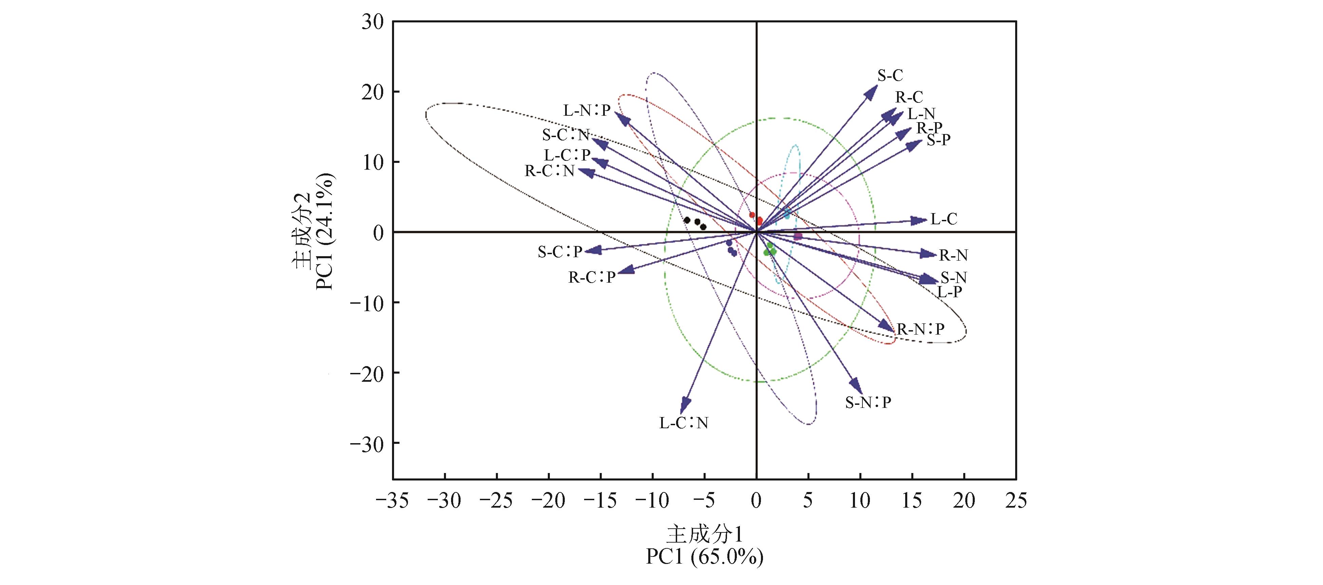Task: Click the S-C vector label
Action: click(890, 76)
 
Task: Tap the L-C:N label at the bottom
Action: click(684, 423)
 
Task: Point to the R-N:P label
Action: click(920, 329)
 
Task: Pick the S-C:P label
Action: click(560, 252)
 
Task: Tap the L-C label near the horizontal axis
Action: click(944, 219)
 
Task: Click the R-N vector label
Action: click(953, 255)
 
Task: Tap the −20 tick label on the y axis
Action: click(366, 373)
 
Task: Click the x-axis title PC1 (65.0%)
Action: click(704, 557)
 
